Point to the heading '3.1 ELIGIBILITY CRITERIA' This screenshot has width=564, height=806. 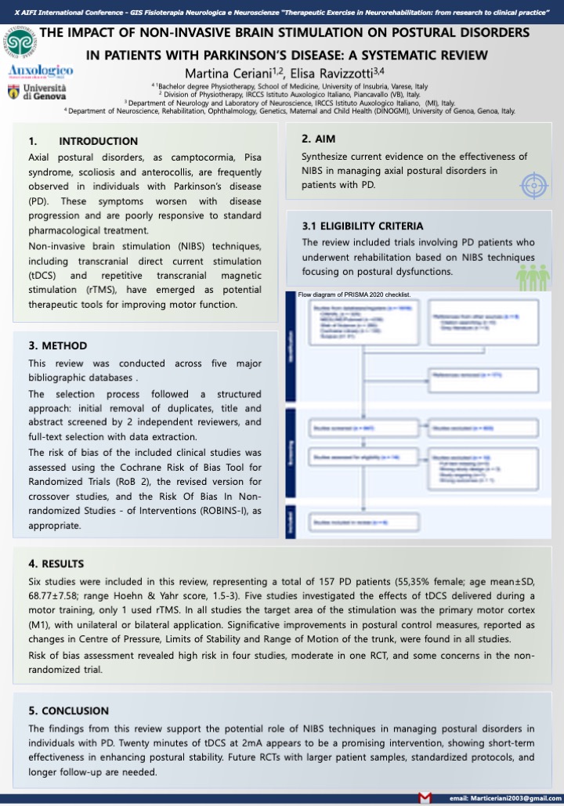click(363, 226)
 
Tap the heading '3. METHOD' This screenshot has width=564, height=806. click(58, 345)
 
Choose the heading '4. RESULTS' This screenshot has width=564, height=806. click(56, 563)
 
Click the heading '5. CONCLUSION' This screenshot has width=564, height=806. click(69, 710)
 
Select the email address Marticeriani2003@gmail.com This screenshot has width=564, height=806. click(501, 797)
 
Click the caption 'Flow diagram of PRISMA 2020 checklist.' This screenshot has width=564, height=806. click(354, 295)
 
